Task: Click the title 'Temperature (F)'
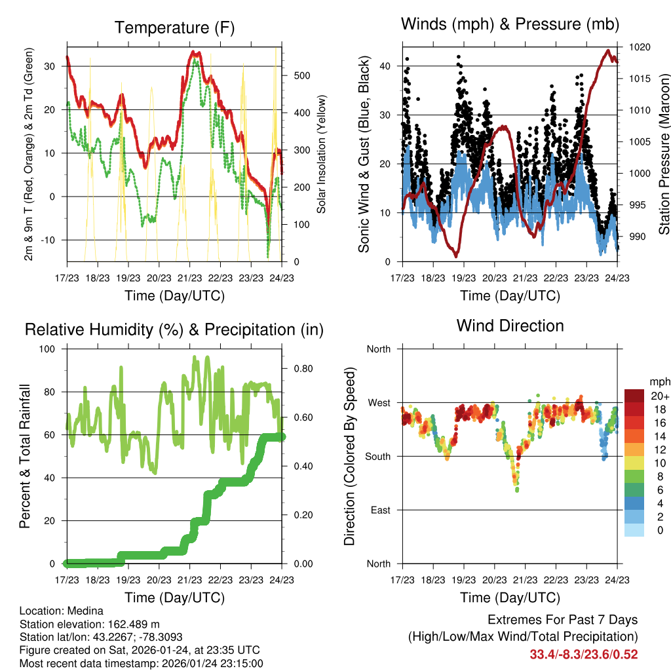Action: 174,28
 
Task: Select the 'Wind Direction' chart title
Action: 510,325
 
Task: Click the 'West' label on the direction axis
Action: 378,402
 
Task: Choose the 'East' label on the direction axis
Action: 379,510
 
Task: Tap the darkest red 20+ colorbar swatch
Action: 636,395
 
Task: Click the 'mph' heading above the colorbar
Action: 659,381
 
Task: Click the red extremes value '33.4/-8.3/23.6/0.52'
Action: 583,654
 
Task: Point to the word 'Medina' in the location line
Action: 85,611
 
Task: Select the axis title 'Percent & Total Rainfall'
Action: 25,456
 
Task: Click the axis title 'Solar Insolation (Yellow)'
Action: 322,155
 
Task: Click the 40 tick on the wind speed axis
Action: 385,66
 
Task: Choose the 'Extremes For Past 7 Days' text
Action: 562,620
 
